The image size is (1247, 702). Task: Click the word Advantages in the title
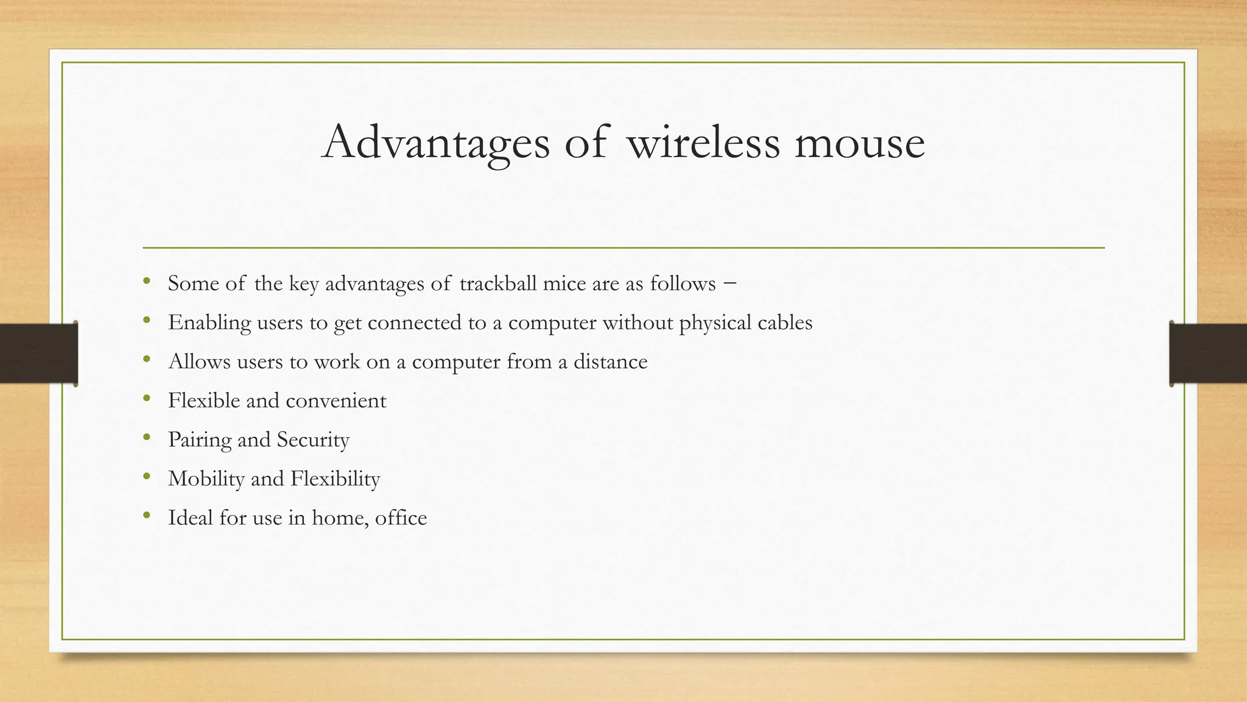[x=435, y=143]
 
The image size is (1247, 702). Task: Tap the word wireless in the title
[x=703, y=143]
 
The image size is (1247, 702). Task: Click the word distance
[x=610, y=361]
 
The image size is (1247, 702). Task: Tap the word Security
[x=313, y=439]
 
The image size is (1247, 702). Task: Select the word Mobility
[x=206, y=478]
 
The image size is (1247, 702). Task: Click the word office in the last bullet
[x=401, y=517]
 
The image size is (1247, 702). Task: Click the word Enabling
[x=209, y=322]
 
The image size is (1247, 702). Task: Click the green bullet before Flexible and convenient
[x=146, y=399]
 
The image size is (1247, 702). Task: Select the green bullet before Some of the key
[x=146, y=282]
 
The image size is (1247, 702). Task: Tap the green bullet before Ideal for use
[x=146, y=516]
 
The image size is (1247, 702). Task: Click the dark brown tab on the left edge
[x=38, y=353]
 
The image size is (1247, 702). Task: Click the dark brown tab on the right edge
[x=1208, y=353]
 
